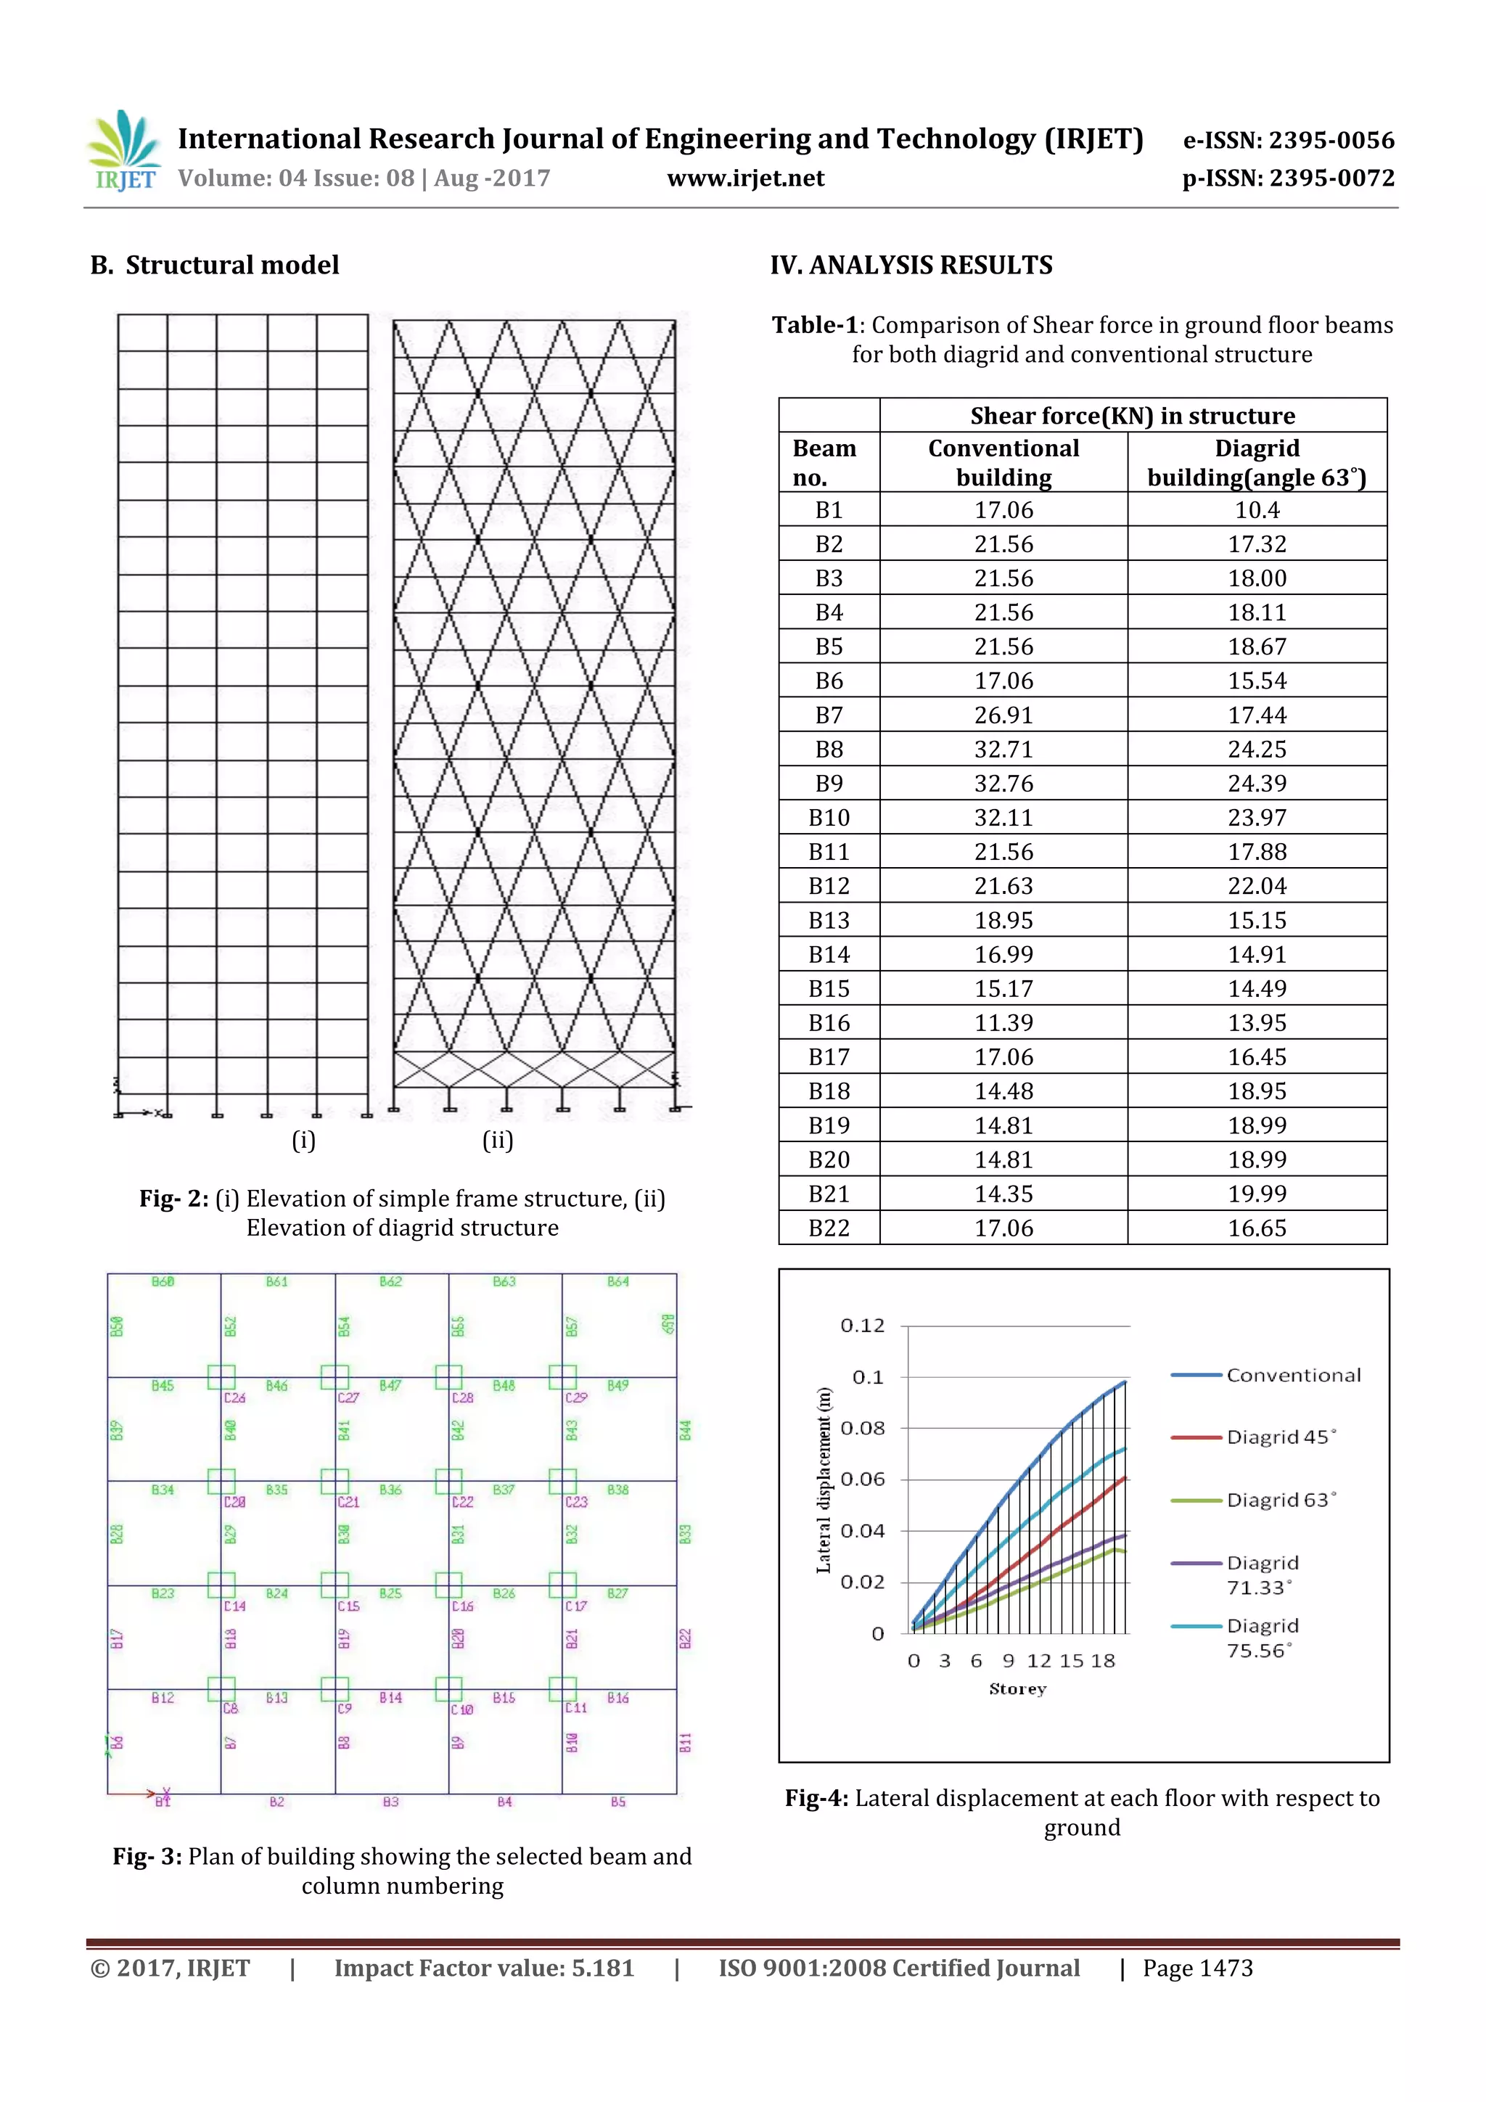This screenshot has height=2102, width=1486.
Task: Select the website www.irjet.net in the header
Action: click(x=745, y=178)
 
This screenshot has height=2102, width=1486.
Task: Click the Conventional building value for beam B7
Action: click(x=1003, y=715)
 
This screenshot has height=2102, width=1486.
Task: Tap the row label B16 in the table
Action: click(x=829, y=1022)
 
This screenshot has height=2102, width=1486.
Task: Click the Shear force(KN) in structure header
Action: click(x=1133, y=416)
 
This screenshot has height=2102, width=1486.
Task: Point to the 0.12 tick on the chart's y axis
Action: click(x=863, y=1326)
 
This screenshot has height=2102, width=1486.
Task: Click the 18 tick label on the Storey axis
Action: click(x=1104, y=1661)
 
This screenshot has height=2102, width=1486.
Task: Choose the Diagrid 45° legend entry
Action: click(x=1280, y=1437)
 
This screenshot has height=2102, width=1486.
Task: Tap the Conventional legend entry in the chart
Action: click(x=1293, y=1375)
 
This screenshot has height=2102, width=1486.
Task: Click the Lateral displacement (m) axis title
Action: click(x=824, y=1480)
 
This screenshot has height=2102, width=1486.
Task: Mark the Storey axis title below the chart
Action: click(x=1017, y=1689)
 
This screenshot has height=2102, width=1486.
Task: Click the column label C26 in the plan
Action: click(x=234, y=1398)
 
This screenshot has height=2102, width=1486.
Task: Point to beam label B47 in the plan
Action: click(x=391, y=1386)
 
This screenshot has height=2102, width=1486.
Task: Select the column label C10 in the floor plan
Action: click(x=461, y=1709)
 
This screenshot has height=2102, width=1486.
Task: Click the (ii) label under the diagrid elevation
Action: click(x=497, y=1140)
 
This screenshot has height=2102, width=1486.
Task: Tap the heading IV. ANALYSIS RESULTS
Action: click(x=911, y=266)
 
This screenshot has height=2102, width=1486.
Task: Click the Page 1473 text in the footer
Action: click(x=1198, y=1968)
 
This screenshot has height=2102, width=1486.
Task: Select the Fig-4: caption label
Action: click(x=817, y=1798)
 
